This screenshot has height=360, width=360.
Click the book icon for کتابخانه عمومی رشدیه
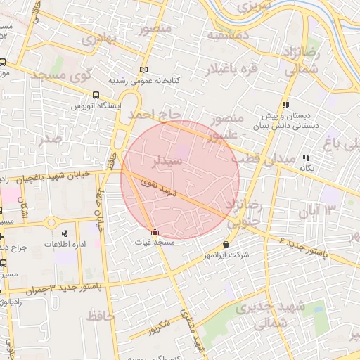tap(144, 70)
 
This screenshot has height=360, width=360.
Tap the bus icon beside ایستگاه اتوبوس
tap(96, 95)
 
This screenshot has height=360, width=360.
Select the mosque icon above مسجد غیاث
tap(155, 231)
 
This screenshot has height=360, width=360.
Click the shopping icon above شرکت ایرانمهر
tap(226, 245)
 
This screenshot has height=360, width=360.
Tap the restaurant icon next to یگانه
tap(306, 158)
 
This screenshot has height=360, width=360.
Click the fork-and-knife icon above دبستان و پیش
tap(285, 105)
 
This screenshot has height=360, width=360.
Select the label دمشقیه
tap(229, 34)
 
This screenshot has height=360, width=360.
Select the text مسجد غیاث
tap(154, 241)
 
